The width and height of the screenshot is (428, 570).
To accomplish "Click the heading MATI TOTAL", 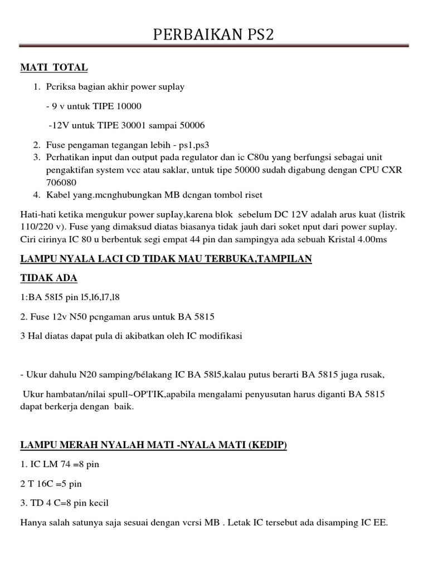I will (54, 68).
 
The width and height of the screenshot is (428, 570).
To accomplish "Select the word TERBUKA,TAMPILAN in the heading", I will (261, 259).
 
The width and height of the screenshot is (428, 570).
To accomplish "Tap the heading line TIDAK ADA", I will (49, 278).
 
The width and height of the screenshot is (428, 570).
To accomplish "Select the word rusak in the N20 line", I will (370, 375).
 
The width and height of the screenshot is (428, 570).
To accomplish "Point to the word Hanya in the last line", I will (34, 523).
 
